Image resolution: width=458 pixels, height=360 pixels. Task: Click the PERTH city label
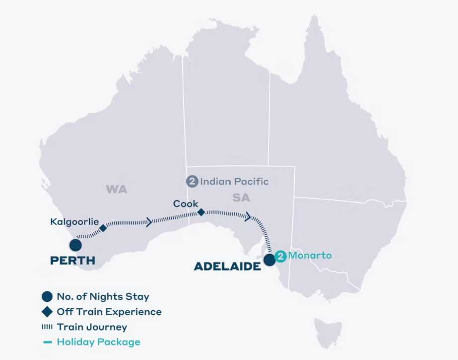tap(73, 261)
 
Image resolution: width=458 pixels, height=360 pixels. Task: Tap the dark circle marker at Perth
tap(76, 245)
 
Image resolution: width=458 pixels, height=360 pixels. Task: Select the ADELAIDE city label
tap(227, 267)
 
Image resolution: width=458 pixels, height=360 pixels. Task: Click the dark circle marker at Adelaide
tap(269, 260)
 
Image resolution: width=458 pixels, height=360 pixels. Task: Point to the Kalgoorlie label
tap(75, 221)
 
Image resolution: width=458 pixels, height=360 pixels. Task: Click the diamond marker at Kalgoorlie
tap(103, 228)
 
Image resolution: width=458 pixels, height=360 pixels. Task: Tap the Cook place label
tap(186, 204)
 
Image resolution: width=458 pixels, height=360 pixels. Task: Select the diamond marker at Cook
tap(201, 212)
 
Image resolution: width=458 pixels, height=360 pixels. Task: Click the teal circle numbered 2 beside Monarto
tap(281, 256)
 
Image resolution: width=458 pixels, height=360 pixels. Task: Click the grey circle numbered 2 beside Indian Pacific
tap(192, 181)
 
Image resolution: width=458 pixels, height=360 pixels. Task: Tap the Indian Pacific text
tap(234, 181)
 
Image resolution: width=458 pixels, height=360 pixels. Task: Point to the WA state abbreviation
tap(116, 189)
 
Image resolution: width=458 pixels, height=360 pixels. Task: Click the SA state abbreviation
tap(241, 198)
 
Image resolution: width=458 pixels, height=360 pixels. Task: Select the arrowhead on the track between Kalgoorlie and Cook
tap(148, 222)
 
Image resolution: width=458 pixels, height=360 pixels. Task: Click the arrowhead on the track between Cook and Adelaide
tap(248, 216)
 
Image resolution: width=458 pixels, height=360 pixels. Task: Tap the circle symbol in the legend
tap(48, 297)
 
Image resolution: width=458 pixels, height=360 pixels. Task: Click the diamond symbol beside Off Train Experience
tap(48, 312)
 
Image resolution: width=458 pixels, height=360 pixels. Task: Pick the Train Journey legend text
tap(92, 327)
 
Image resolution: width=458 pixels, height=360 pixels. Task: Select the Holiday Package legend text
tap(98, 342)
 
